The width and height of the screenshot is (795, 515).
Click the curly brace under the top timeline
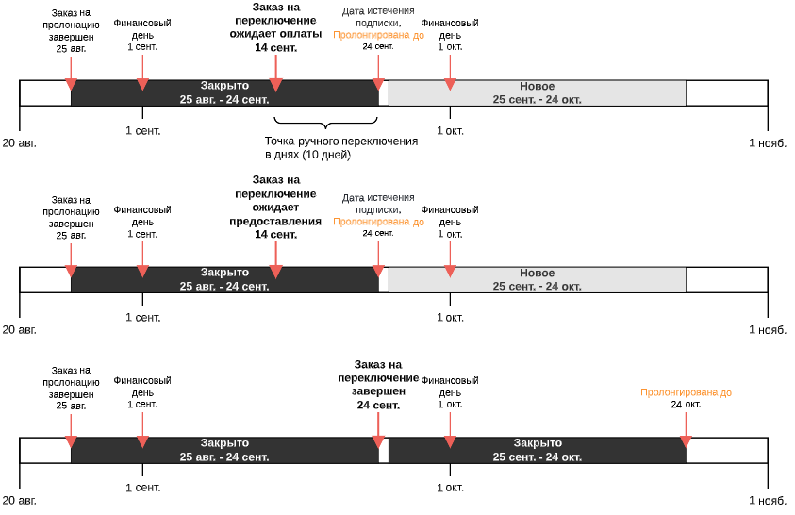(x=325, y=123)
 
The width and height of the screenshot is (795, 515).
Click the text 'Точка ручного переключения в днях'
(x=341, y=148)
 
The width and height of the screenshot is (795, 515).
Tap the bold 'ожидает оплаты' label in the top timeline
(x=275, y=34)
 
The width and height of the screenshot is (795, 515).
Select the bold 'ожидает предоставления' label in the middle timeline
(x=275, y=214)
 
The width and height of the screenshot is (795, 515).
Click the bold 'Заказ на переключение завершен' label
(x=378, y=385)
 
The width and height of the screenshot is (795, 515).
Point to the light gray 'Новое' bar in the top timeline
(x=538, y=92)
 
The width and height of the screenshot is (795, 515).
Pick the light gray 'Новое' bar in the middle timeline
(x=538, y=280)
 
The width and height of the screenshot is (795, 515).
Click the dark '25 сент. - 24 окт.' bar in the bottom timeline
(x=538, y=450)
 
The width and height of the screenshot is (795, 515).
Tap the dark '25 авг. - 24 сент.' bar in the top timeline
(x=224, y=92)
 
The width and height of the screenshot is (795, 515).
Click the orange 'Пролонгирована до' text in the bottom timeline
(x=686, y=392)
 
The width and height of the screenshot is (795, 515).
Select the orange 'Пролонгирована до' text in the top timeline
(x=379, y=35)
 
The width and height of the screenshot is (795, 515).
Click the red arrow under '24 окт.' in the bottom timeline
(x=686, y=430)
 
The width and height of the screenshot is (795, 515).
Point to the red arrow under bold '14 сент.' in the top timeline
(x=275, y=73)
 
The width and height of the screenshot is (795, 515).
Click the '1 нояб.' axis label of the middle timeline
(x=768, y=330)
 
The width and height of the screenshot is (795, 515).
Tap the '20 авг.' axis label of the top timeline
(x=19, y=143)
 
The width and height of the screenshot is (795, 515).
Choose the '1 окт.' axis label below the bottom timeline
(x=450, y=488)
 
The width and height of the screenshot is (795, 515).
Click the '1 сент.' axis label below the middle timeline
(x=143, y=317)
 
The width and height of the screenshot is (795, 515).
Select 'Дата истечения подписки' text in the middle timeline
(x=378, y=203)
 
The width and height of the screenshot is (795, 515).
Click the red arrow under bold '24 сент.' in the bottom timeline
(x=378, y=430)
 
